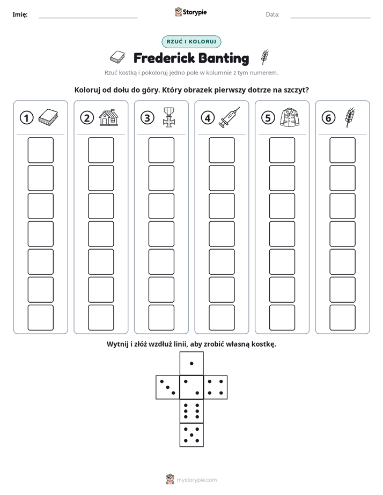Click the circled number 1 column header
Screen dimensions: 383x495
pyautogui.click(x=26, y=118)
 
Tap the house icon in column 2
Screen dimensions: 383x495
pyautogui.click(x=109, y=117)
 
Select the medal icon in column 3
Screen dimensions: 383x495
pyautogui.click(x=169, y=117)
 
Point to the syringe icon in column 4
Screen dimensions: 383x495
pyautogui.click(x=230, y=117)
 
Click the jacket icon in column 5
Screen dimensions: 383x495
pyautogui.click(x=290, y=117)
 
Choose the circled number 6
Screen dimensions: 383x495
pyautogui.click(x=328, y=118)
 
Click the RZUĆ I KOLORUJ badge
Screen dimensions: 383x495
pyautogui.click(x=191, y=42)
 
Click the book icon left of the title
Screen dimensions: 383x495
pyautogui.click(x=117, y=57)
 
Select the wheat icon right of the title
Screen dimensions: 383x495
pyautogui.click(x=265, y=57)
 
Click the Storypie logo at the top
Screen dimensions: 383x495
pyautogui.click(x=191, y=12)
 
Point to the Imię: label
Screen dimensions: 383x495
pyautogui.click(x=20, y=14)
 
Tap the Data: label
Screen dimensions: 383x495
pyautogui.click(x=272, y=14)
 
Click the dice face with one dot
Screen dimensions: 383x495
pyautogui.click(x=191, y=363)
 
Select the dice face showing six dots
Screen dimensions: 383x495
pyautogui.click(x=191, y=411)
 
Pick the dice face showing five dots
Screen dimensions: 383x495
pyautogui.click(x=191, y=435)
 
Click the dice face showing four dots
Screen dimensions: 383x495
pyautogui.click(x=216, y=387)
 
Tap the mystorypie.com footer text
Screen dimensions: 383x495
pyautogui.click(x=196, y=480)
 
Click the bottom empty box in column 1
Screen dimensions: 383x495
pyautogui.click(x=41, y=318)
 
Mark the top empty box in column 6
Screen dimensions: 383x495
pyautogui.click(x=343, y=150)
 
